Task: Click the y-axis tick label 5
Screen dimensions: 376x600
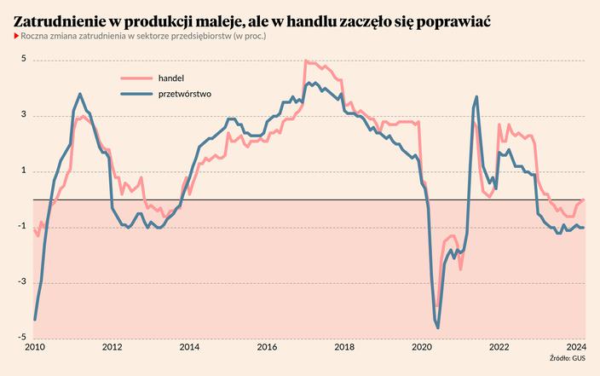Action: pyautogui.click(x=24, y=60)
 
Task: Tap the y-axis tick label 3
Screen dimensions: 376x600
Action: pyautogui.click(x=24, y=115)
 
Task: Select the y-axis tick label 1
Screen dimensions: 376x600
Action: pyautogui.click(x=24, y=171)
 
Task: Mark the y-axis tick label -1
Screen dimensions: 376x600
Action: pyautogui.click(x=22, y=226)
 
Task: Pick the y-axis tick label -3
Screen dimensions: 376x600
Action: pyautogui.click(x=22, y=281)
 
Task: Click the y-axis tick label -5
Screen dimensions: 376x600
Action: pyautogui.click(x=22, y=337)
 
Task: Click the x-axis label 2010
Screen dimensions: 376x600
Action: pyautogui.click(x=34, y=347)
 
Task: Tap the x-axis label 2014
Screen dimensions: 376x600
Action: pyautogui.click(x=189, y=347)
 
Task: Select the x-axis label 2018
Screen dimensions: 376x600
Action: pyautogui.click(x=344, y=347)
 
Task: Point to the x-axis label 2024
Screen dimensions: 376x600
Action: pyautogui.click(x=575, y=347)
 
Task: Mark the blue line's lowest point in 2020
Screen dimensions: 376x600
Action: pyautogui.click(x=438, y=327)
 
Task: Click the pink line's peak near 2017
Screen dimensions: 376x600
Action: pyautogui.click(x=306, y=61)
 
